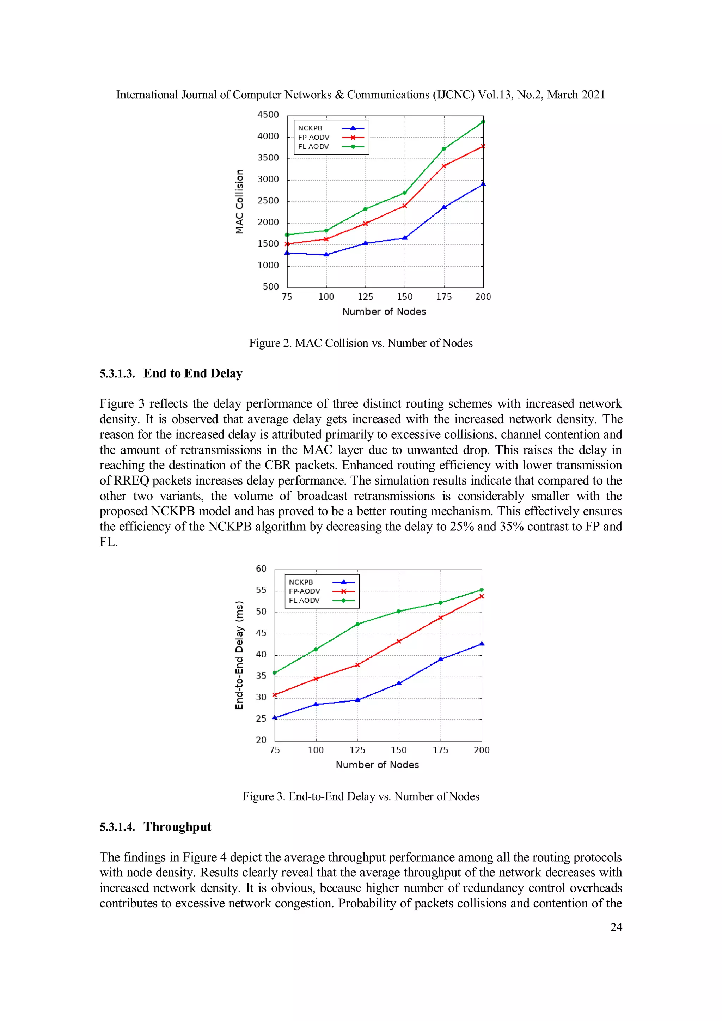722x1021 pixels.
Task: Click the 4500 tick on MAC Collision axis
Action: click(x=268, y=115)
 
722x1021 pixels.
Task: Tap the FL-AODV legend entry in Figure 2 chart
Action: click(x=313, y=147)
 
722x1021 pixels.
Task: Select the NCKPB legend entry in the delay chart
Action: click(x=301, y=582)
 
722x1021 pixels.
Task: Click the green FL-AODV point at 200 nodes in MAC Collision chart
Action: click(x=483, y=122)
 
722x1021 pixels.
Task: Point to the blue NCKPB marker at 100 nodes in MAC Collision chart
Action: click(x=326, y=254)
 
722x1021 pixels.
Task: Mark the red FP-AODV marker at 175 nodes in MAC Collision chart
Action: click(x=444, y=166)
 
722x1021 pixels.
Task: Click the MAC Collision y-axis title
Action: click(x=240, y=201)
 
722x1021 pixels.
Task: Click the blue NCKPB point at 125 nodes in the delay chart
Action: click(x=357, y=700)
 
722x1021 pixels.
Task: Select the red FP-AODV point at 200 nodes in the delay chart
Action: click(x=482, y=596)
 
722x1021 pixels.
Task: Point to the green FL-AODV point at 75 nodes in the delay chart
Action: click(x=274, y=673)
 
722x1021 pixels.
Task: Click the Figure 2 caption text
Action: click(x=361, y=343)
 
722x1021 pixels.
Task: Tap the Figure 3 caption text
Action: click(x=361, y=796)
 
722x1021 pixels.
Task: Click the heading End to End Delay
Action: click(x=192, y=373)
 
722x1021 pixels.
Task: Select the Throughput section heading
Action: click(x=177, y=827)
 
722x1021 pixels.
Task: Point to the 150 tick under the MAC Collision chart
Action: click(x=405, y=297)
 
